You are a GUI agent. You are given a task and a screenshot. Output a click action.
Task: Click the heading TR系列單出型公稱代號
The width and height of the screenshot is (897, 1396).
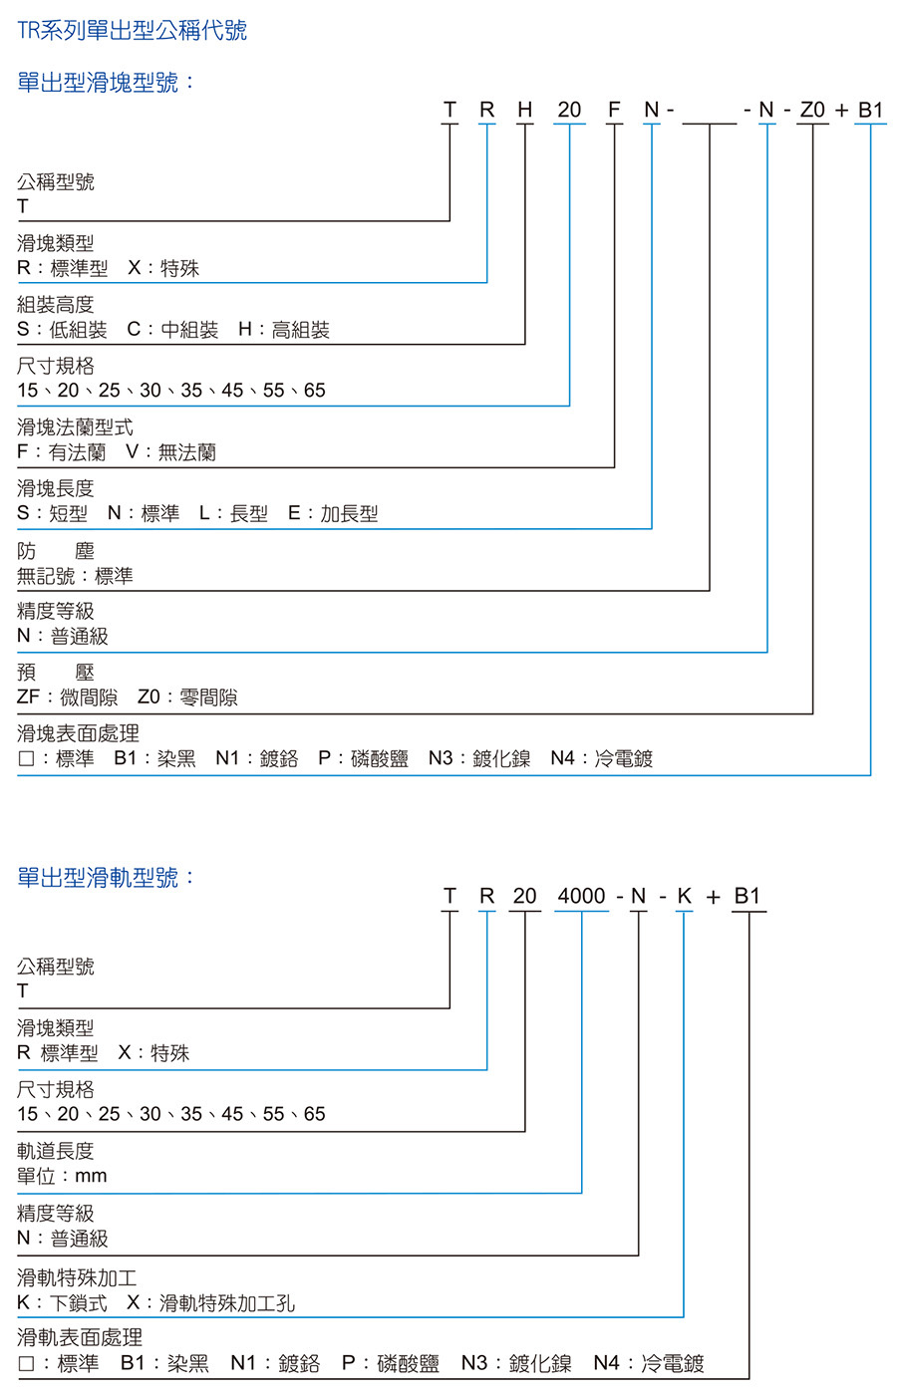[x=133, y=30]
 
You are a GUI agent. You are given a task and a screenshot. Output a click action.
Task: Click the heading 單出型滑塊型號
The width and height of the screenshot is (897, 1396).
[x=106, y=83]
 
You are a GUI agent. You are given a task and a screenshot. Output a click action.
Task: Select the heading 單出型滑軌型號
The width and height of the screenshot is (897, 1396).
[x=106, y=878]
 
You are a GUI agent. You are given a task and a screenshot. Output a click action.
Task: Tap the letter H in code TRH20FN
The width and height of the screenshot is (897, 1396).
[x=525, y=110]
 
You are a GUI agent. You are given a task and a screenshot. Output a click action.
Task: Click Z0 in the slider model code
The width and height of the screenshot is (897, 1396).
[x=812, y=110]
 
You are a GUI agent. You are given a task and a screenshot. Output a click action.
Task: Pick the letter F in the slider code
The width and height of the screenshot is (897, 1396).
[x=614, y=110]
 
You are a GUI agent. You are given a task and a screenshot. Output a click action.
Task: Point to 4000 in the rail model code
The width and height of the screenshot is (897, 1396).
[x=582, y=896]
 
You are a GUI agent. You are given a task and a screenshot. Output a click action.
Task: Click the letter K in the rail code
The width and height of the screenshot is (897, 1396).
[x=684, y=896]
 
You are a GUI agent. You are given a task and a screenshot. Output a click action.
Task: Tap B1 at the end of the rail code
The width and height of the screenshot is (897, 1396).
[x=747, y=896]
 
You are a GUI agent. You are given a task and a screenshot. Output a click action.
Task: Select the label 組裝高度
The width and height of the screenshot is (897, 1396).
[x=56, y=305]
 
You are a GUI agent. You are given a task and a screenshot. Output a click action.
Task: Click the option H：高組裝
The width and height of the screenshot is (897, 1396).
[x=284, y=329]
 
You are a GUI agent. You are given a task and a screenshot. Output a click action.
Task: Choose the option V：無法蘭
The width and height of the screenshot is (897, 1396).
[x=170, y=451]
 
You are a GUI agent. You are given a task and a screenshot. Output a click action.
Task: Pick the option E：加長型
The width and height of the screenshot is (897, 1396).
[x=333, y=513]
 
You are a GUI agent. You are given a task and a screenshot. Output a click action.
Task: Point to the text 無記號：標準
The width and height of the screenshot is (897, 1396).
[x=75, y=575]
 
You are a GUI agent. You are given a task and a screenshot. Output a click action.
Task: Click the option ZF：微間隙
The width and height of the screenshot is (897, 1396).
[x=68, y=697]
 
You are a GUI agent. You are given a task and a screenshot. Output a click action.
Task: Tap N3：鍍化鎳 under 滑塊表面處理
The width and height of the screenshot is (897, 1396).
[x=479, y=758]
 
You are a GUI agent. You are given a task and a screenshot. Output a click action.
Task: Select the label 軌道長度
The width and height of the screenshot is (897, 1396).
[x=56, y=1151]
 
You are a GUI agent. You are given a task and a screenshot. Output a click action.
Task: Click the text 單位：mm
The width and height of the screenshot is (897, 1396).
[x=62, y=1176]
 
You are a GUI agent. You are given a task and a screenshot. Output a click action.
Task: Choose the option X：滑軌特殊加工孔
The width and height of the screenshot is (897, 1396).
[x=210, y=1303]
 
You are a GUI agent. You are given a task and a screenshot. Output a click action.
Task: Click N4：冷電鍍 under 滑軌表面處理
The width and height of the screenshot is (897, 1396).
[x=648, y=1363]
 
